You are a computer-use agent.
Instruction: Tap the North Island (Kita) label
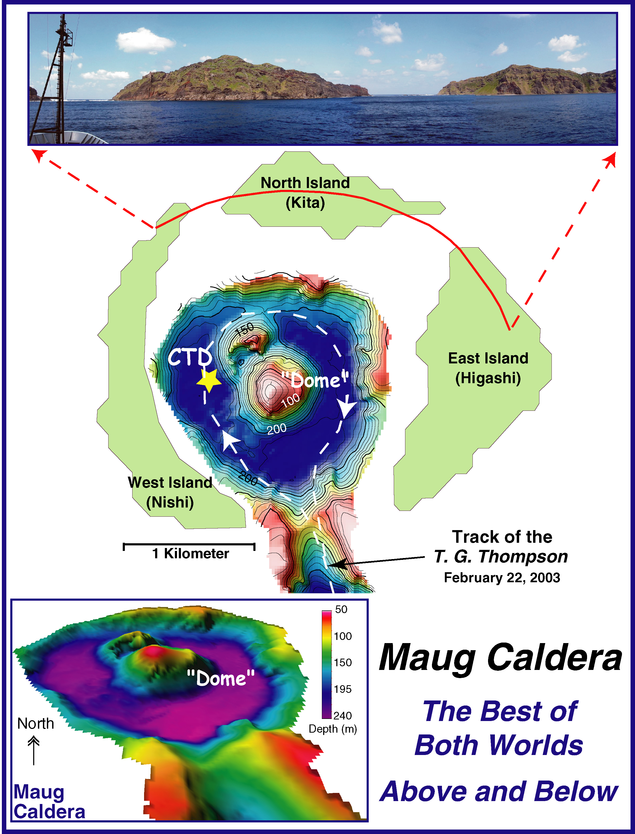[306, 193]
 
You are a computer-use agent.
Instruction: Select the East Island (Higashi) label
[488, 368]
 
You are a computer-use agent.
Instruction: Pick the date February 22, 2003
[502, 578]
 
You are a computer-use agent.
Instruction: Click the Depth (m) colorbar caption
[333, 729]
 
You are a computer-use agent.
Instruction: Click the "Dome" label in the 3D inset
[221, 678]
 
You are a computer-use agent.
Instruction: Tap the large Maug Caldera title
[500, 658]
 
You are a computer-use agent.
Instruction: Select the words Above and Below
[499, 792]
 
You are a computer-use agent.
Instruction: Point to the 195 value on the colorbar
[342, 689]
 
